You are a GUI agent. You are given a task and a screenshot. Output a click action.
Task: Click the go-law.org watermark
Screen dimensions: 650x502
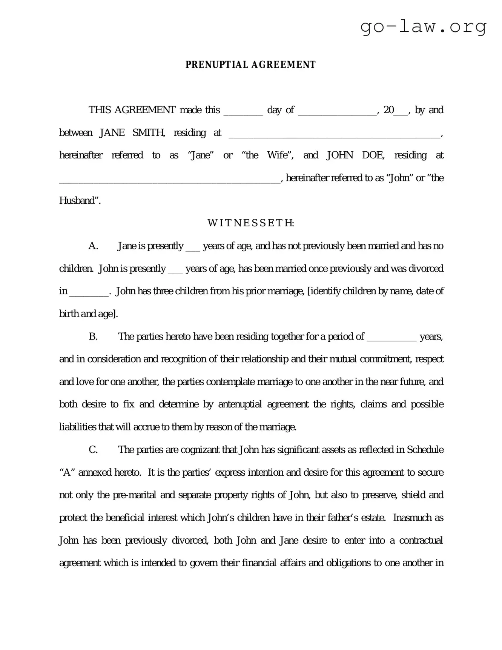424,27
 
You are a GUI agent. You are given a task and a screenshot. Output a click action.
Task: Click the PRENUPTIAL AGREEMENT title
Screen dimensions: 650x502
250,65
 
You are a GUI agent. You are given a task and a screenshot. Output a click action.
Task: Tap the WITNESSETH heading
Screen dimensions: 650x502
251,223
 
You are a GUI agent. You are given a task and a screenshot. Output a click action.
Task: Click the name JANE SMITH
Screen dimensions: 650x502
132,133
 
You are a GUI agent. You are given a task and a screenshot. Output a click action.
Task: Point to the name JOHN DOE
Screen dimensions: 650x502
355,155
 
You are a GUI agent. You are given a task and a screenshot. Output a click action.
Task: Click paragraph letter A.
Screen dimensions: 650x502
93,246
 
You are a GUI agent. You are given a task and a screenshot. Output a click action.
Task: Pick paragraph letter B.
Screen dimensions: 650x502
93,337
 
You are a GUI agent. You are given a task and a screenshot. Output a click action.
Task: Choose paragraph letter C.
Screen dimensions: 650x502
93,450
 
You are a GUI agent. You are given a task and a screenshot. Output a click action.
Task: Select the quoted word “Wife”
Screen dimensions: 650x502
279,155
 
